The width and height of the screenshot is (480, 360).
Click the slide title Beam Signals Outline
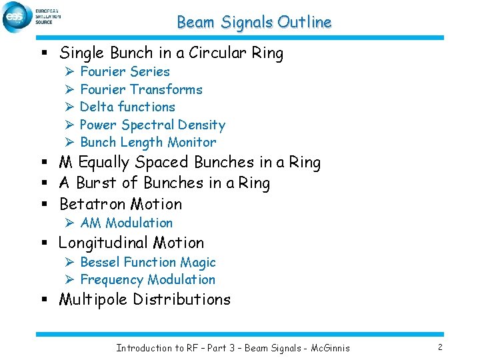(254, 22)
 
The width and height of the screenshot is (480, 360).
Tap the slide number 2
(441, 347)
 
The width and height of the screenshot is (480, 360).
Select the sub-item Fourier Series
(125, 71)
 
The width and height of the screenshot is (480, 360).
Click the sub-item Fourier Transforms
(141, 89)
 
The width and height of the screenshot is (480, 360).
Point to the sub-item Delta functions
(127, 107)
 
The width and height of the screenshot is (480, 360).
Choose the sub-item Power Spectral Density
(152, 125)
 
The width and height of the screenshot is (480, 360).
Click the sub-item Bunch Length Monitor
(148, 142)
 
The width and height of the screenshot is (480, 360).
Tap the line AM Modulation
(126, 223)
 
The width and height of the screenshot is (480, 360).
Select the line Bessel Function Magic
(147, 262)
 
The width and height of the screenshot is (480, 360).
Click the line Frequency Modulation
(147, 279)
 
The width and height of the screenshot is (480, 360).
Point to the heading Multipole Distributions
(145, 299)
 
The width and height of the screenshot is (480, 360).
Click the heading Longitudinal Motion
(131, 243)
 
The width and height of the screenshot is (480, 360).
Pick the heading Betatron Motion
(121, 203)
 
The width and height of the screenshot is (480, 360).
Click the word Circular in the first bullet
(214, 53)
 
